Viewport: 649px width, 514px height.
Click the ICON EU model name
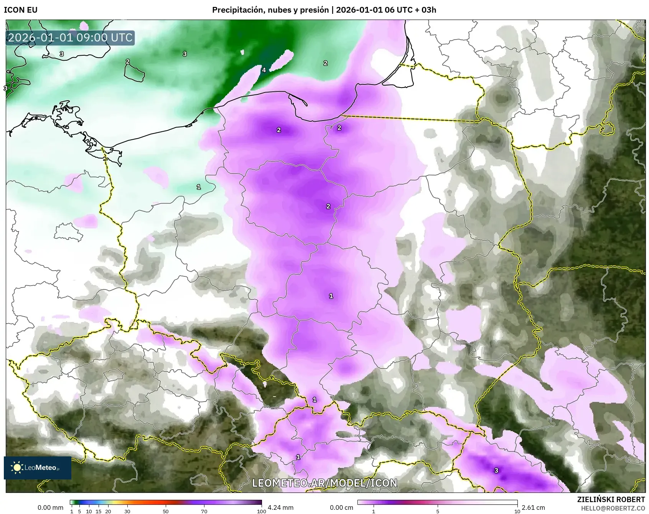(21, 10)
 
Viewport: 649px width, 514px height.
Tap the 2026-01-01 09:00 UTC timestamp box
(70, 38)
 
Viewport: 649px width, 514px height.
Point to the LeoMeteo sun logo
(17, 468)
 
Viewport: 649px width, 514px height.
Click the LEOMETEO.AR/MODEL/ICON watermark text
(324, 483)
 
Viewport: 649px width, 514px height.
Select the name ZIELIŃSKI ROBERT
(611, 499)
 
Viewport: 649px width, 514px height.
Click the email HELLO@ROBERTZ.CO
(613, 508)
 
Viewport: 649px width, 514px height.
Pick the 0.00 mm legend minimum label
(50, 507)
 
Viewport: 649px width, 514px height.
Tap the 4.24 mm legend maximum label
(280, 507)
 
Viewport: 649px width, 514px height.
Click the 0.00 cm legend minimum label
(341, 507)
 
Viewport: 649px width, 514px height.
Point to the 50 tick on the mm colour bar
(166, 511)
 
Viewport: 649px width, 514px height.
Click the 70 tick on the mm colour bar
(204, 511)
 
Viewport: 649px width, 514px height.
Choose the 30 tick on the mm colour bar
(127, 511)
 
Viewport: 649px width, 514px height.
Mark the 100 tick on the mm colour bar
(261, 511)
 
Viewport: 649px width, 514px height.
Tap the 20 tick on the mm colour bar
(108, 511)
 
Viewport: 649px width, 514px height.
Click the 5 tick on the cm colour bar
(438, 511)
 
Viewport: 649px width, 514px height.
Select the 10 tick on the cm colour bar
(517, 511)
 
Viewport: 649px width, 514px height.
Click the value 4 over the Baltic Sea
(264, 70)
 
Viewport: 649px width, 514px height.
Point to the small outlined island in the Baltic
(134, 72)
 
